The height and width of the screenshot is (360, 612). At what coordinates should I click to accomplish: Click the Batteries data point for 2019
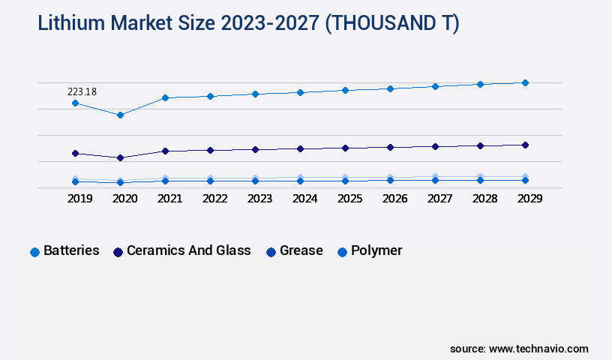75,103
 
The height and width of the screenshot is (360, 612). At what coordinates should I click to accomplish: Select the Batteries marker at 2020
120,115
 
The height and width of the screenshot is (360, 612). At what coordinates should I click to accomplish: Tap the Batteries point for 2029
525,82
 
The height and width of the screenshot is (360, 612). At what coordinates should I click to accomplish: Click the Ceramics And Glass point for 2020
120,157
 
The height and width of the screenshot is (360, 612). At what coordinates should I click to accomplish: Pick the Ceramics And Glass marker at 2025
345,148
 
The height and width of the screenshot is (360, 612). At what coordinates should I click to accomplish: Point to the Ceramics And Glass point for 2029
525,145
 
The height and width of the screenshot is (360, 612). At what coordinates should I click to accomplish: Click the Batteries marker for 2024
300,92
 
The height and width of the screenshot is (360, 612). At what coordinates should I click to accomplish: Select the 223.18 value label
82,91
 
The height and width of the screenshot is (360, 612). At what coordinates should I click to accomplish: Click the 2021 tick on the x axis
169,199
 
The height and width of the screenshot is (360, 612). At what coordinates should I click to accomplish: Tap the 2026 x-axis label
394,199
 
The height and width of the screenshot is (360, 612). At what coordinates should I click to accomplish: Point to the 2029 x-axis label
529,199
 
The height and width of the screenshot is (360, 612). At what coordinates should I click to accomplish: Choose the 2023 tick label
259,199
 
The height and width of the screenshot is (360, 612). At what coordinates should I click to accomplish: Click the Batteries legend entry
71,250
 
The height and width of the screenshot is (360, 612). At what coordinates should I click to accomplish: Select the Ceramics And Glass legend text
188,250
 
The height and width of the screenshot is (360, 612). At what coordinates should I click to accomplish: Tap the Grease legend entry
301,250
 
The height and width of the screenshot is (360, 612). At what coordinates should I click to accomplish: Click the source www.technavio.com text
519,349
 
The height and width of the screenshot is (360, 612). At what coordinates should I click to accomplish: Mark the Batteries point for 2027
435,86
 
